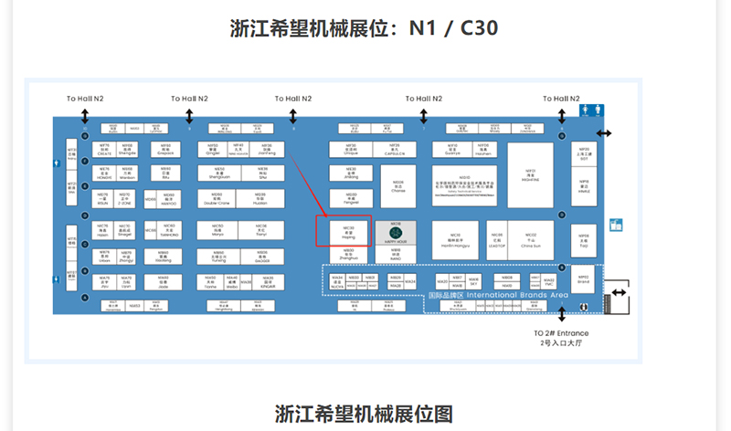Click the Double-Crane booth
point(217,200)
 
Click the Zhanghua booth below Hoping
point(348,256)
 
